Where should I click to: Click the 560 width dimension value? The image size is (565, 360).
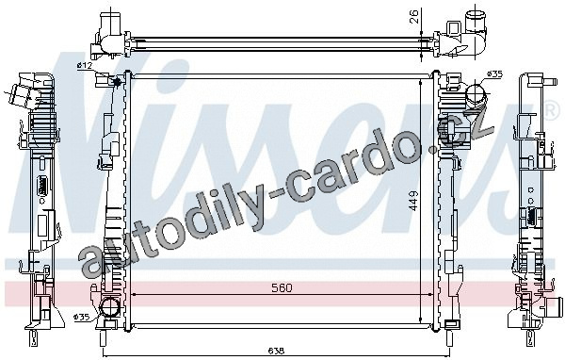click(282, 287)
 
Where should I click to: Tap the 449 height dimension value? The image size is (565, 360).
click(413, 201)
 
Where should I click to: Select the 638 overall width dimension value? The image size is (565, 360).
click(276, 351)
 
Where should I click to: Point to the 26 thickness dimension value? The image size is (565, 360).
click(414, 17)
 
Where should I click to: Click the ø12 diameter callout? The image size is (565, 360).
click(85, 65)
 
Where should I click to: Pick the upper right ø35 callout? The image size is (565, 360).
click(494, 74)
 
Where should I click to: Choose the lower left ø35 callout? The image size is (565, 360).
click(81, 317)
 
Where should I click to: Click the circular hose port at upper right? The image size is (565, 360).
click(476, 93)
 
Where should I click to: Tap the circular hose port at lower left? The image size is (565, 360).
click(108, 308)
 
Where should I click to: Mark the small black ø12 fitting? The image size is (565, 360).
click(117, 82)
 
